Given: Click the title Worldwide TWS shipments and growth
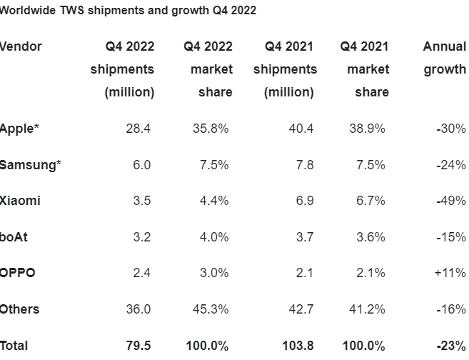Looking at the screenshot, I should [x=128, y=11].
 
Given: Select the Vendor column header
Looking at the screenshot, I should [x=21, y=46].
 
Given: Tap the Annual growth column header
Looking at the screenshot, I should [x=444, y=58].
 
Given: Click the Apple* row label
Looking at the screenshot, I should [x=20, y=129].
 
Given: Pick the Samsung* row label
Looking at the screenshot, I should [x=31, y=165].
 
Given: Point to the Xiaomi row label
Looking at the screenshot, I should [x=21, y=201].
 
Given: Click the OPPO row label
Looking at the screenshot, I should [x=18, y=273].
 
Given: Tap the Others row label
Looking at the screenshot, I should [x=20, y=309].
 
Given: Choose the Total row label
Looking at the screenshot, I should [x=14, y=346].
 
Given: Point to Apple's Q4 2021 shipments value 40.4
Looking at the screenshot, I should [x=300, y=129].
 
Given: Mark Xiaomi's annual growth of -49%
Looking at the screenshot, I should [x=450, y=201].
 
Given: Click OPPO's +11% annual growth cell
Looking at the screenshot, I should [x=450, y=273].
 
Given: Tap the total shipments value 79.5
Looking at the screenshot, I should [x=138, y=346].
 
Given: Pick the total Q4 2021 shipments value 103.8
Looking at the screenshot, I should [x=297, y=346].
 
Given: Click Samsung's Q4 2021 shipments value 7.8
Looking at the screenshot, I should [x=303, y=165].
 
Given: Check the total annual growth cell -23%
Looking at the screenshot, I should [x=450, y=346].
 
